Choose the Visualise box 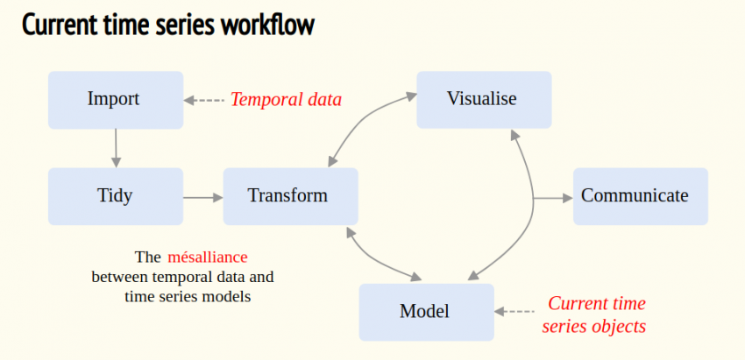coord(483,99)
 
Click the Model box coord(426,312)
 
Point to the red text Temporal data coord(285,100)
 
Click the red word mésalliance coord(208,258)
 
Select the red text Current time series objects coord(596,314)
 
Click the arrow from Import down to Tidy coord(115,148)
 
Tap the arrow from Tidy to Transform coord(202,197)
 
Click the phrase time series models coord(187,297)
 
